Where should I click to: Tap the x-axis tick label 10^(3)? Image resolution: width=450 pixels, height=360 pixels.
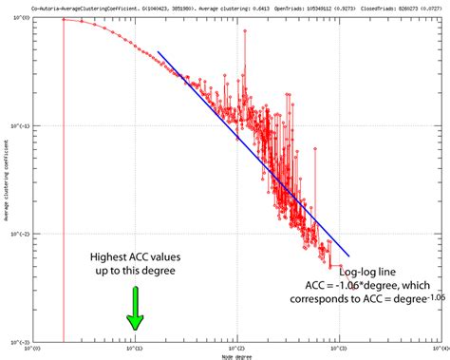tap(339, 348)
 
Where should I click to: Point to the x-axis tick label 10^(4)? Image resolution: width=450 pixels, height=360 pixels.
tap(439, 348)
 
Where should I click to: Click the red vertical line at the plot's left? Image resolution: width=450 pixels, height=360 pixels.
tap(64, 190)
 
